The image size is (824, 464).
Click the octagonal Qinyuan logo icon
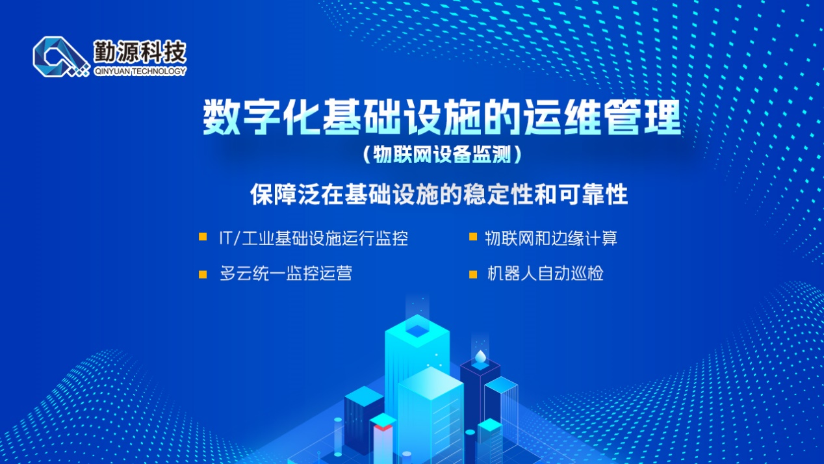coord(60,57)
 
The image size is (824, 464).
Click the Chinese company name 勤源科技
coord(140,51)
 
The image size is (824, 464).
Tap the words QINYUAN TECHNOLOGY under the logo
coord(140,71)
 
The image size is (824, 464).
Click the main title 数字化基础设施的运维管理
coord(442,118)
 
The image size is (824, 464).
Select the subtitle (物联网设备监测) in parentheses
coord(443,155)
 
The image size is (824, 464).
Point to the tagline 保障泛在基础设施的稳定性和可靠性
coord(439,194)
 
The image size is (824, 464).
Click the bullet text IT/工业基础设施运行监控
coord(313,238)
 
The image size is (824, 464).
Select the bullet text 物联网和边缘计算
coord(551,238)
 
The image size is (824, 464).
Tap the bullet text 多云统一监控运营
coord(286,274)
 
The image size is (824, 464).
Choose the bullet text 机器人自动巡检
coord(545,274)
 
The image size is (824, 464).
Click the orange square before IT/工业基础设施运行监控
coord(203,237)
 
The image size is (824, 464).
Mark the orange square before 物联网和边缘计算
coord(473,237)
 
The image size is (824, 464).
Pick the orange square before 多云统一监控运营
coord(203,274)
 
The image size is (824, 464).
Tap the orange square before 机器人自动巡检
coord(473,274)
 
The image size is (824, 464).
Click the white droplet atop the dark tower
coord(480,357)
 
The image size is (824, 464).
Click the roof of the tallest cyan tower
coord(417,331)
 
